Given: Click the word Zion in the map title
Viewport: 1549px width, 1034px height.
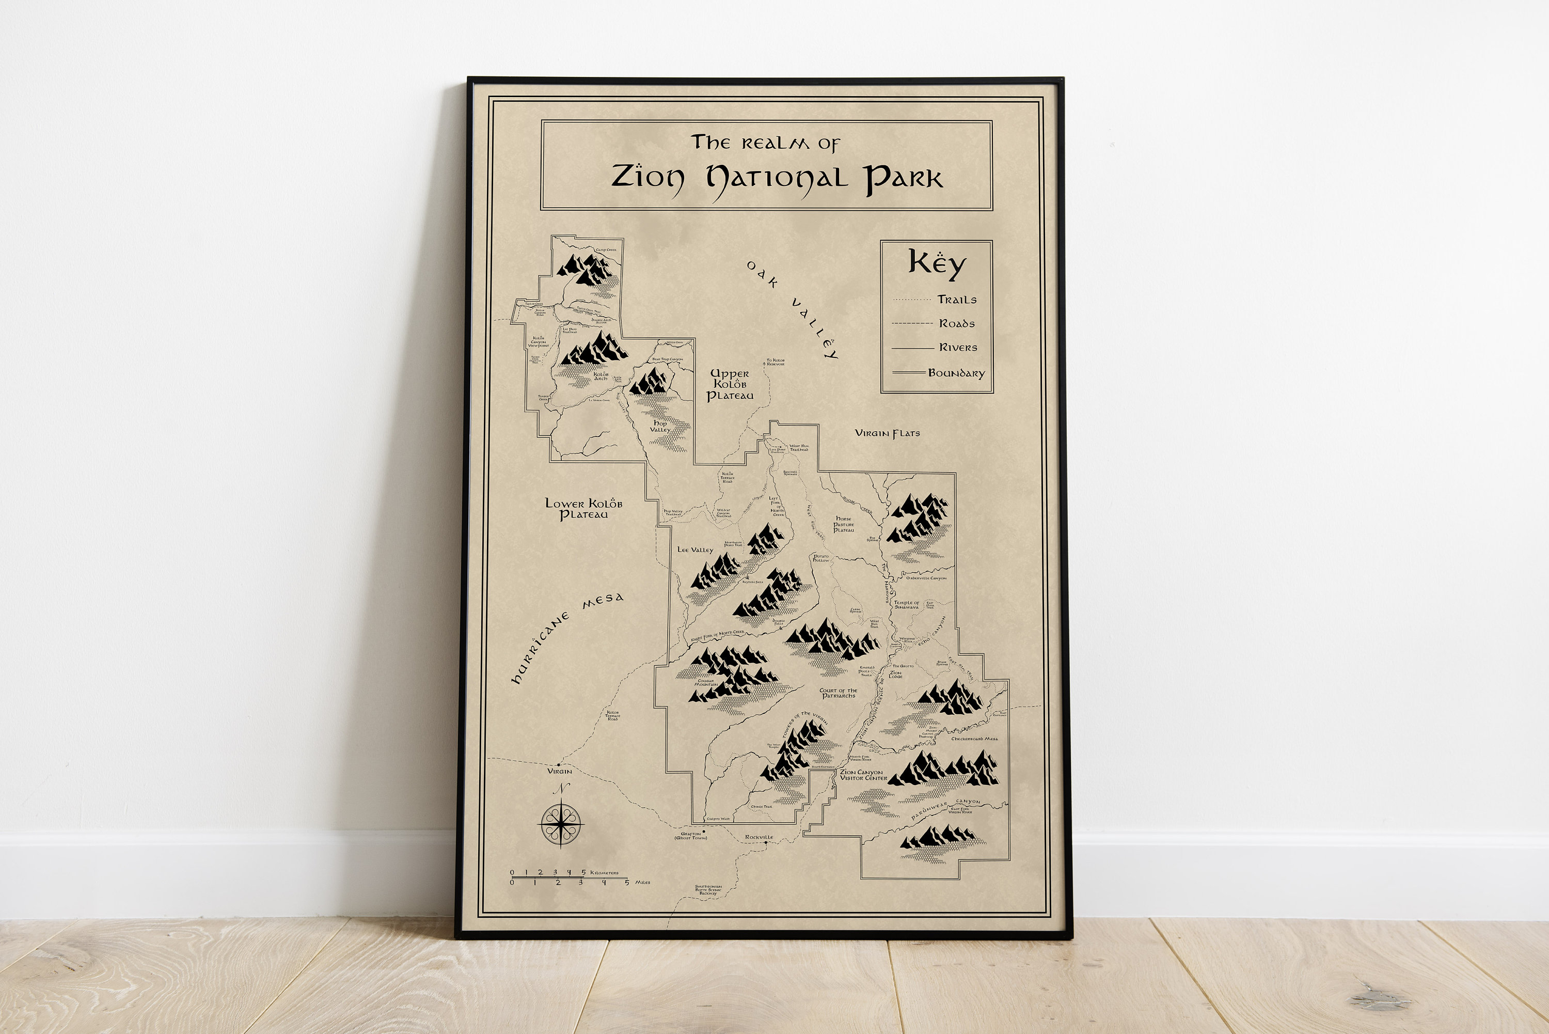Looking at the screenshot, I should [647, 177].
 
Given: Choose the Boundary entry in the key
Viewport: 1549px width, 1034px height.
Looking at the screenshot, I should [956, 373].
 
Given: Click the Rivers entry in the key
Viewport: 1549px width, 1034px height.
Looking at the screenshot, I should [958, 348].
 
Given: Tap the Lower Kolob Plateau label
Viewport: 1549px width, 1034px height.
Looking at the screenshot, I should [583, 508].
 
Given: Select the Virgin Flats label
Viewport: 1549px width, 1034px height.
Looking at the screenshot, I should [887, 433].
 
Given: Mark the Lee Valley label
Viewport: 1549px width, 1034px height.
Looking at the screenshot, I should [695, 550].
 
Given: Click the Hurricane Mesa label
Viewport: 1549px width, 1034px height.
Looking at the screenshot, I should [567, 636].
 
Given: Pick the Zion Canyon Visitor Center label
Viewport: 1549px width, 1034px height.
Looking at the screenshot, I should [863, 775].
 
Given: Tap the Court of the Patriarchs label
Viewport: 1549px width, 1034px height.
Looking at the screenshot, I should [838, 693].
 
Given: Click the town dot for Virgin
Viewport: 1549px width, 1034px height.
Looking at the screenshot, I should [559, 764].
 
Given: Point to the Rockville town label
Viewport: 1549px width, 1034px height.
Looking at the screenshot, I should [758, 837].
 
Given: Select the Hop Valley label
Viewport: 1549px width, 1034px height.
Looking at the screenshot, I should [660, 426].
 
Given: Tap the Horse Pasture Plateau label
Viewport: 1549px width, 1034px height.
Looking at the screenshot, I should [844, 524].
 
